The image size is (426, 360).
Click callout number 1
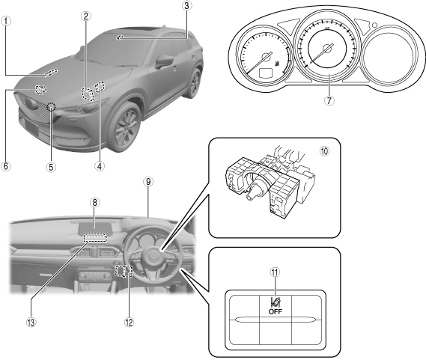pos(6,21)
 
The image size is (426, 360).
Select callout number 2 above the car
pos(86,16)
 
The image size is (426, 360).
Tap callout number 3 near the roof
pos(186,5)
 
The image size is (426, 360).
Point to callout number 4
pos(100,166)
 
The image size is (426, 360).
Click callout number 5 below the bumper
pos(51,167)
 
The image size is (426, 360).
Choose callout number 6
pos(6,166)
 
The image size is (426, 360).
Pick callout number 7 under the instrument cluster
pos(329,100)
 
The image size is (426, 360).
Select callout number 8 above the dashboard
pos(94,202)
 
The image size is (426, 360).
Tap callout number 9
pos(148,181)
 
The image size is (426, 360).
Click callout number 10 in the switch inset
pos(324,151)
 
